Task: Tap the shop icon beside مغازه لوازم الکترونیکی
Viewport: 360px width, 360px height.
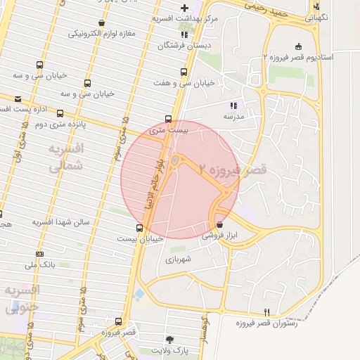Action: [x=102, y=23]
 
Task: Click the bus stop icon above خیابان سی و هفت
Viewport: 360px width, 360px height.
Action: [x=184, y=72]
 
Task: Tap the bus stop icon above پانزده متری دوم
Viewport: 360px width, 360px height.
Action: [x=60, y=113]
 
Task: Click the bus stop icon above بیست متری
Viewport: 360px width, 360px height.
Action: [x=168, y=119]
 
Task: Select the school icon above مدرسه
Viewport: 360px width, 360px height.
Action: [x=233, y=105]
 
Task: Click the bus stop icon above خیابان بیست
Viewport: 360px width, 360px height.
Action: [x=139, y=228]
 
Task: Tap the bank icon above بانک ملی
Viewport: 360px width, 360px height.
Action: [x=39, y=254]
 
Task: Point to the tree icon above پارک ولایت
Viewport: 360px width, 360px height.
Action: [x=169, y=338]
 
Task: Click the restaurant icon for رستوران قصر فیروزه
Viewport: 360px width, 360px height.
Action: [x=266, y=312]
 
